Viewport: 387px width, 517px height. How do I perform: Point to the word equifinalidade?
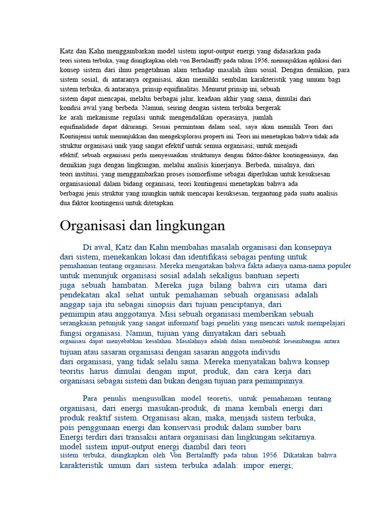point(80,126)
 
